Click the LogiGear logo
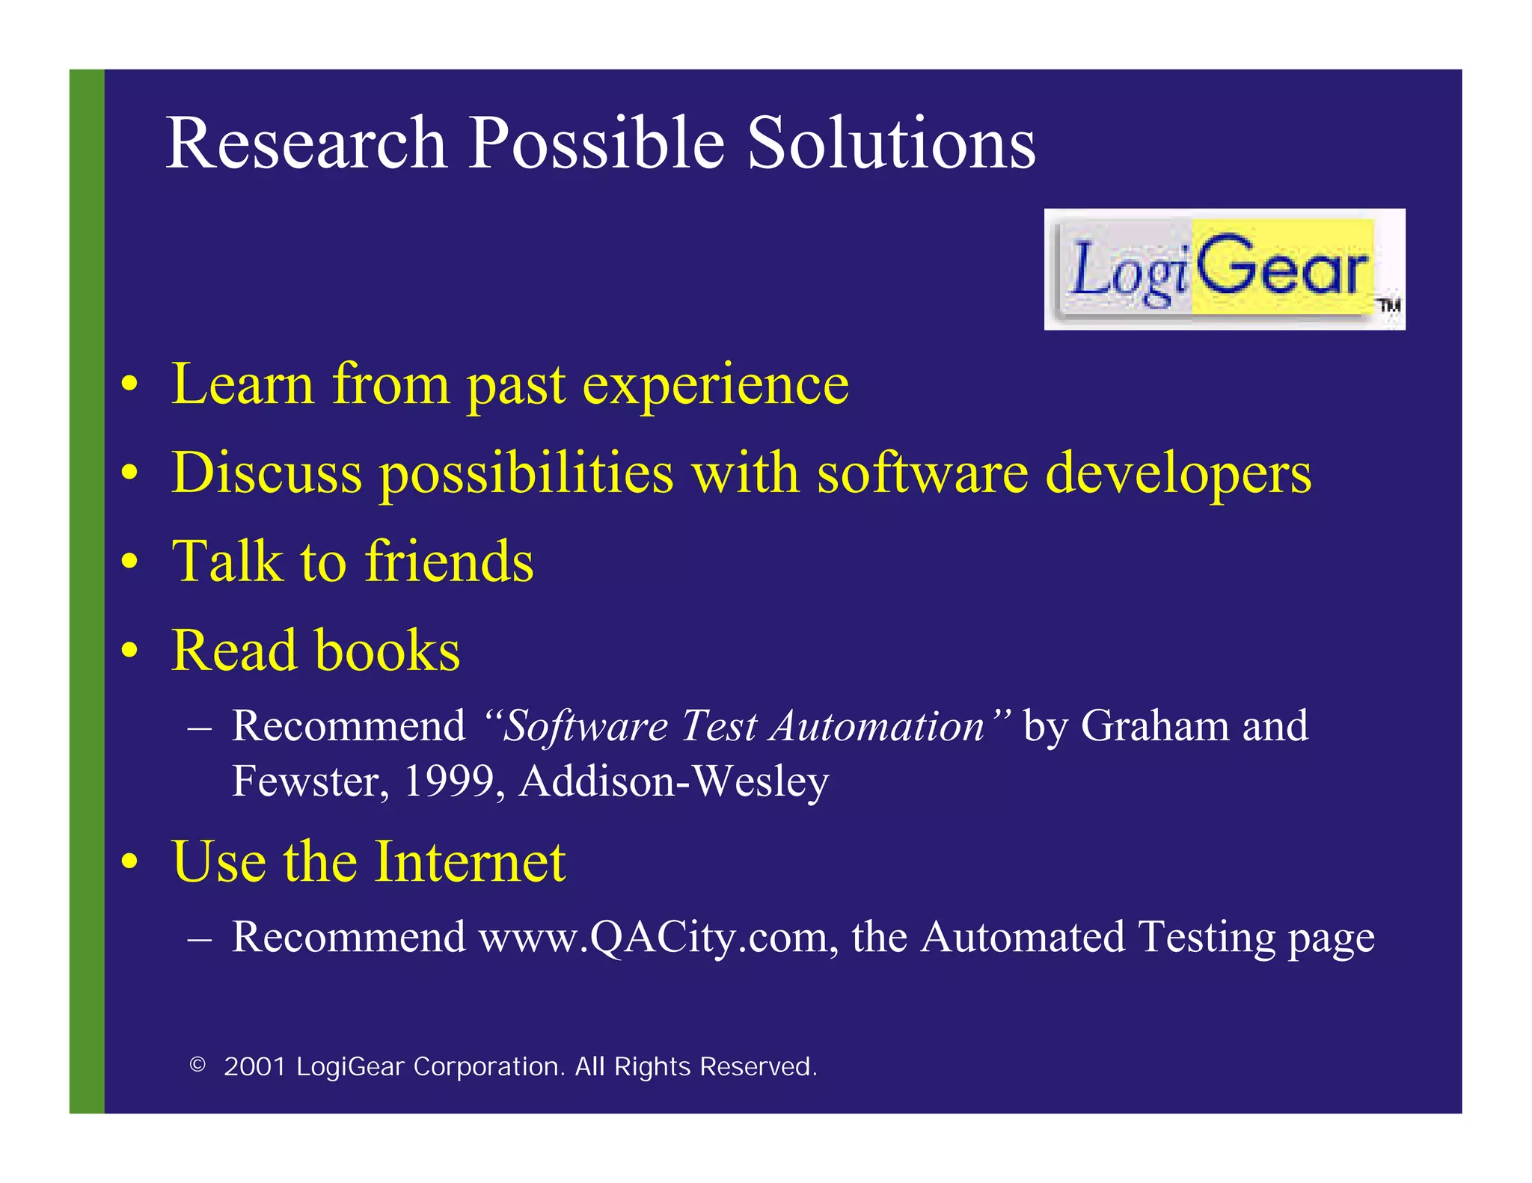point(1224,269)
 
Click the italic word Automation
point(878,725)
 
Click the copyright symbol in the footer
point(197,1065)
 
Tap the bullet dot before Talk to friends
point(130,562)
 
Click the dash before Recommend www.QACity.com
point(200,938)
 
